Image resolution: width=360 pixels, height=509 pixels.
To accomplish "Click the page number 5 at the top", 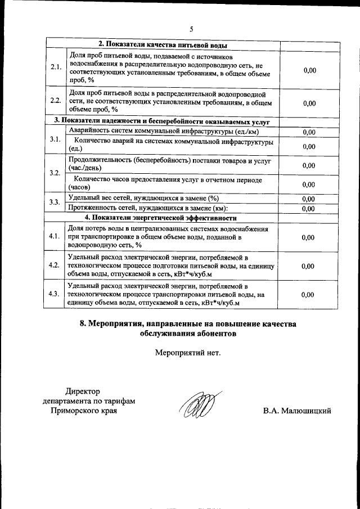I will point(191,29).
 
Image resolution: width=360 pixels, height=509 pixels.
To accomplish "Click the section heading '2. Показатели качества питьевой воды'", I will point(163,45).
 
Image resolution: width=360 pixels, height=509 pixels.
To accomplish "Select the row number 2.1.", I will point(55,67).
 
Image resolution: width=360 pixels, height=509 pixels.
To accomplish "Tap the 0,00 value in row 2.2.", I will point(309,103).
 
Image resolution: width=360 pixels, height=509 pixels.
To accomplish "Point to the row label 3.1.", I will point(55,139).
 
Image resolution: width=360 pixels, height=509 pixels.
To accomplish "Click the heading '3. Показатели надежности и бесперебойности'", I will point(163,121).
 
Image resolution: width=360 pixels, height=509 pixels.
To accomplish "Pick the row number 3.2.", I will point(55,173).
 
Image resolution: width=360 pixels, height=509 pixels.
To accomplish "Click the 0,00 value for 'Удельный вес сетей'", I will point(309,199).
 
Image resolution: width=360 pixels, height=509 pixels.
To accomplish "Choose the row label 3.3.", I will point(55,202).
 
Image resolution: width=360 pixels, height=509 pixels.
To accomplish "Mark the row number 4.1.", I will point(55,237).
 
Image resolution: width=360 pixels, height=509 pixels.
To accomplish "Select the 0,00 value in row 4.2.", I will point(309,265).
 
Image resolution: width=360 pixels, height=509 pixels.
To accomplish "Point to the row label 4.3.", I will point(55,294).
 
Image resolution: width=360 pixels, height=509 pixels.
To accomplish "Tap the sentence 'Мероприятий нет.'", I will point(188,353).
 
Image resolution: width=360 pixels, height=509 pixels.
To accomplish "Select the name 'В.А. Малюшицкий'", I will point(296,411).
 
